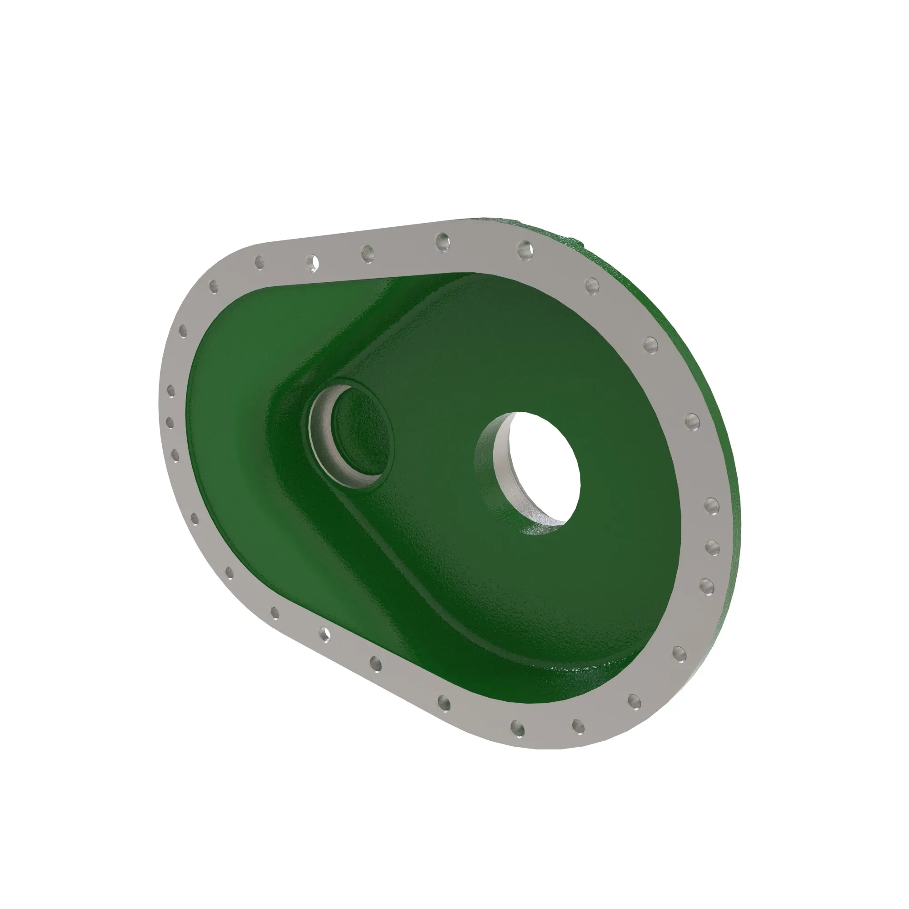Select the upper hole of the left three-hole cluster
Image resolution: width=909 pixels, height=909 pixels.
pos(171,391)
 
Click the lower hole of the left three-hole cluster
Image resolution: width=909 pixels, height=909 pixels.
pos(175,454)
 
